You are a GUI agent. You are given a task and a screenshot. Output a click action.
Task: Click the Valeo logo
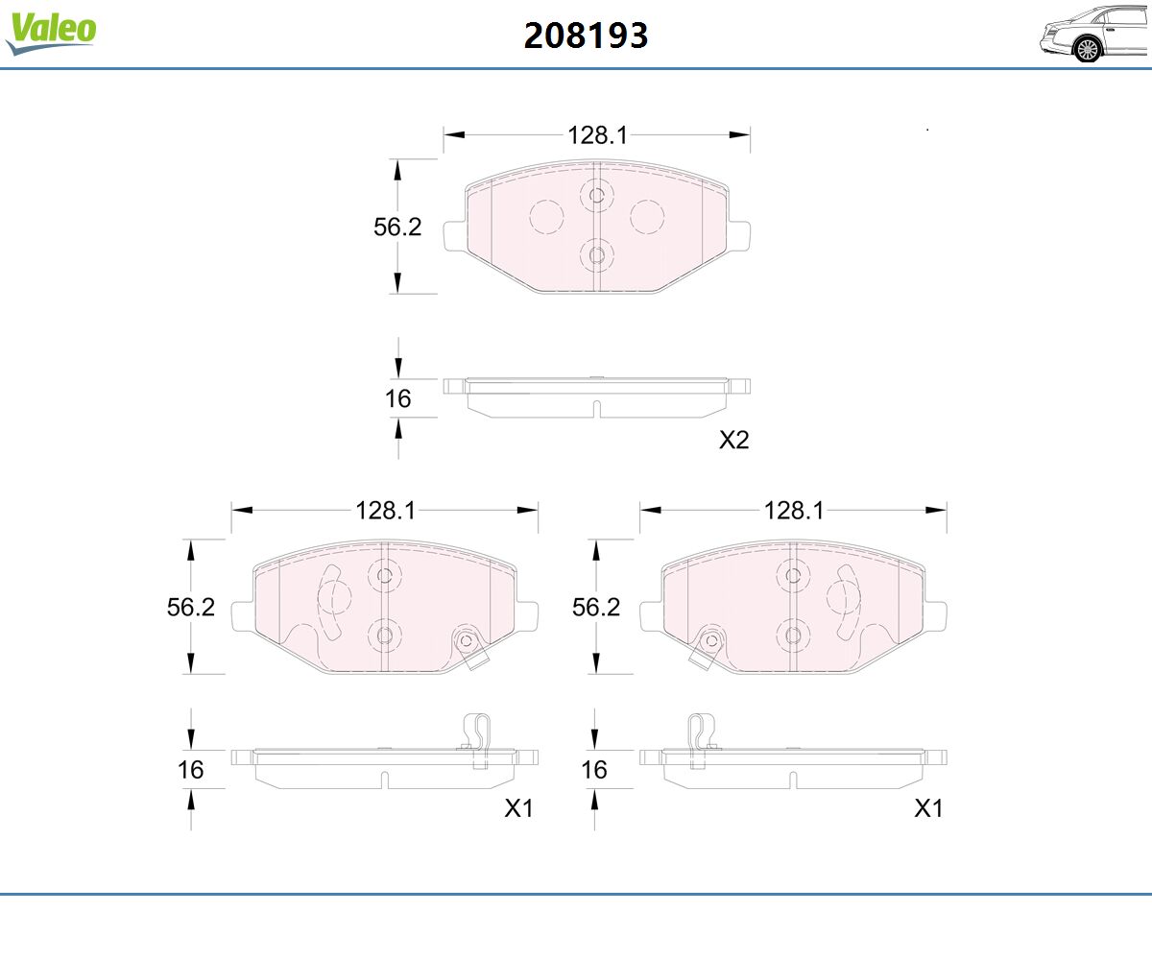[x=51, y=33]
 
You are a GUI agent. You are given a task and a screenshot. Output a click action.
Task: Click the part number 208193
[x=586, y=36]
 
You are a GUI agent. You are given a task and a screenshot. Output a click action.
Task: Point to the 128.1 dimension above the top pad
[x=597, y=135]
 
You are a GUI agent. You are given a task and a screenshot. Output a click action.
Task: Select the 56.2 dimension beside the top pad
[x=397, y=227]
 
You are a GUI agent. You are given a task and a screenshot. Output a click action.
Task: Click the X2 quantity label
[x=733, y=440]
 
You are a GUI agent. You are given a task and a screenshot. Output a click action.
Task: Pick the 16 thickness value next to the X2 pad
[x=397, y=398]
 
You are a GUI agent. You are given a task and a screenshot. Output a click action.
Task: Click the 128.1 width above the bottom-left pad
[x=385, y=511]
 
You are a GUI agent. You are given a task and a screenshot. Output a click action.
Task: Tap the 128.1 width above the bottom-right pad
[x=793, y=511]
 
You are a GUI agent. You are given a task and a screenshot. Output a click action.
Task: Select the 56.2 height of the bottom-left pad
[x=190, y=607]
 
